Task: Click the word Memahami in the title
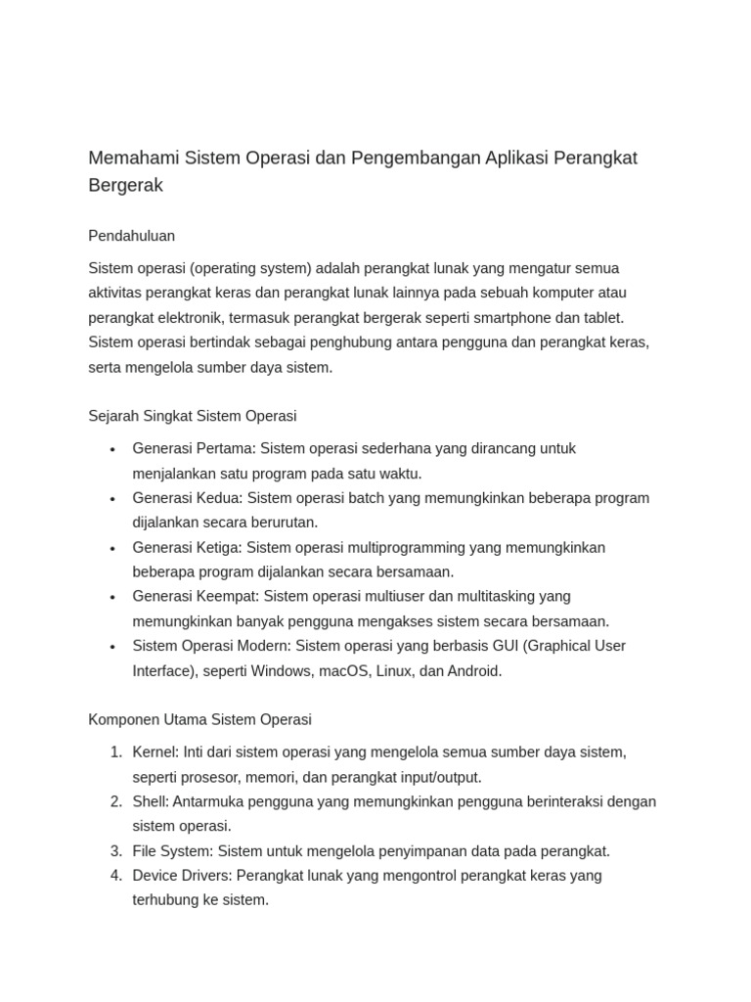129,159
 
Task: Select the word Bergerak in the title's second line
125,185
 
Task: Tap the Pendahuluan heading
131,236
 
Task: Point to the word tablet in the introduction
601,318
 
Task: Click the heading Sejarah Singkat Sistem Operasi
193,416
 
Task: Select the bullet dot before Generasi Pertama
112,449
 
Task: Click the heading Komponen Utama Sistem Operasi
199,720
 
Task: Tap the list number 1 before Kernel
115,752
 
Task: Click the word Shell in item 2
150,801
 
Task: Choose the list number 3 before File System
115,851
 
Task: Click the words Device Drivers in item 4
182,876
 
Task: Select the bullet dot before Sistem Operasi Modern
112,647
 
